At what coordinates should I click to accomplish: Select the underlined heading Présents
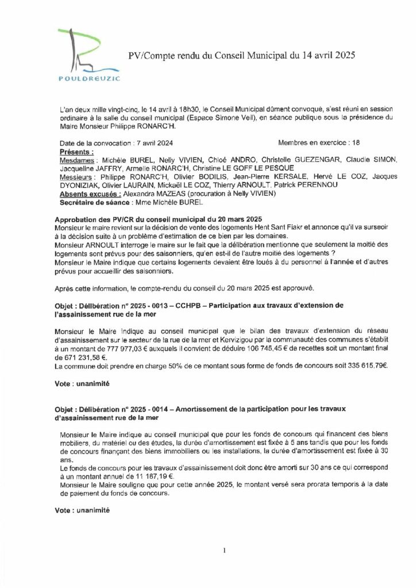click(76, 152)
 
